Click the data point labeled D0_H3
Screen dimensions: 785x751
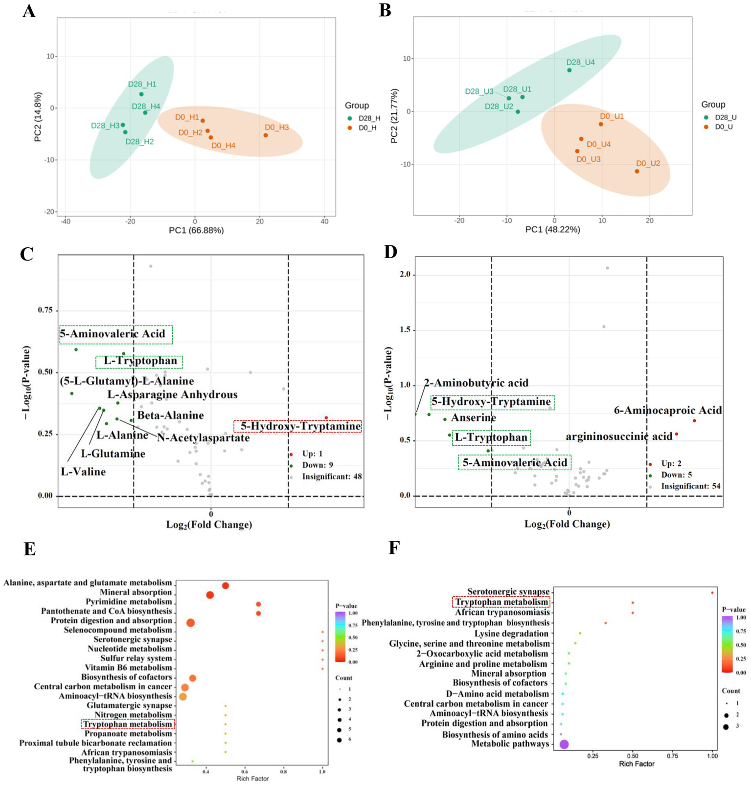click(266, 135)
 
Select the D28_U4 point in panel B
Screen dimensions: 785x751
click(569, 70)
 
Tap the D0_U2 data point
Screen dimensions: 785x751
click(637, 171)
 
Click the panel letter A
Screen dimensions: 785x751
click(29, 11)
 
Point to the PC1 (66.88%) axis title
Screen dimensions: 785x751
click(196, 230)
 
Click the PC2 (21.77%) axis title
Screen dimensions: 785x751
click(394, 116)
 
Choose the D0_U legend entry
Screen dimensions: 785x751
click(723, 127)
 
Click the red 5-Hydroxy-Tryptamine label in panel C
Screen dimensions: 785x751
click(300, 426)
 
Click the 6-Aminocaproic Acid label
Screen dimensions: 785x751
click(668, 411)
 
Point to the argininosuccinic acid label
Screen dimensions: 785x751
click(619, 436)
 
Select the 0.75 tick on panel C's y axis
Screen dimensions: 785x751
click(45, 311)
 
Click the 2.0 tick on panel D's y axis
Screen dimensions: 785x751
click(405, 275)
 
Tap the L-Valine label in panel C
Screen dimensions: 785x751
click(83, 472)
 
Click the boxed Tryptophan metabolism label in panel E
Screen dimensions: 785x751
click(127, 724)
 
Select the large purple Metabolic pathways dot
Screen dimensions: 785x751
click(564, 744)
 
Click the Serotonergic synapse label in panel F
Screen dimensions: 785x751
click(508, 592)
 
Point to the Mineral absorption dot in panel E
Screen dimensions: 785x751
click(210, 595)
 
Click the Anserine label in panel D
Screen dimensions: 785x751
click(473, 418)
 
